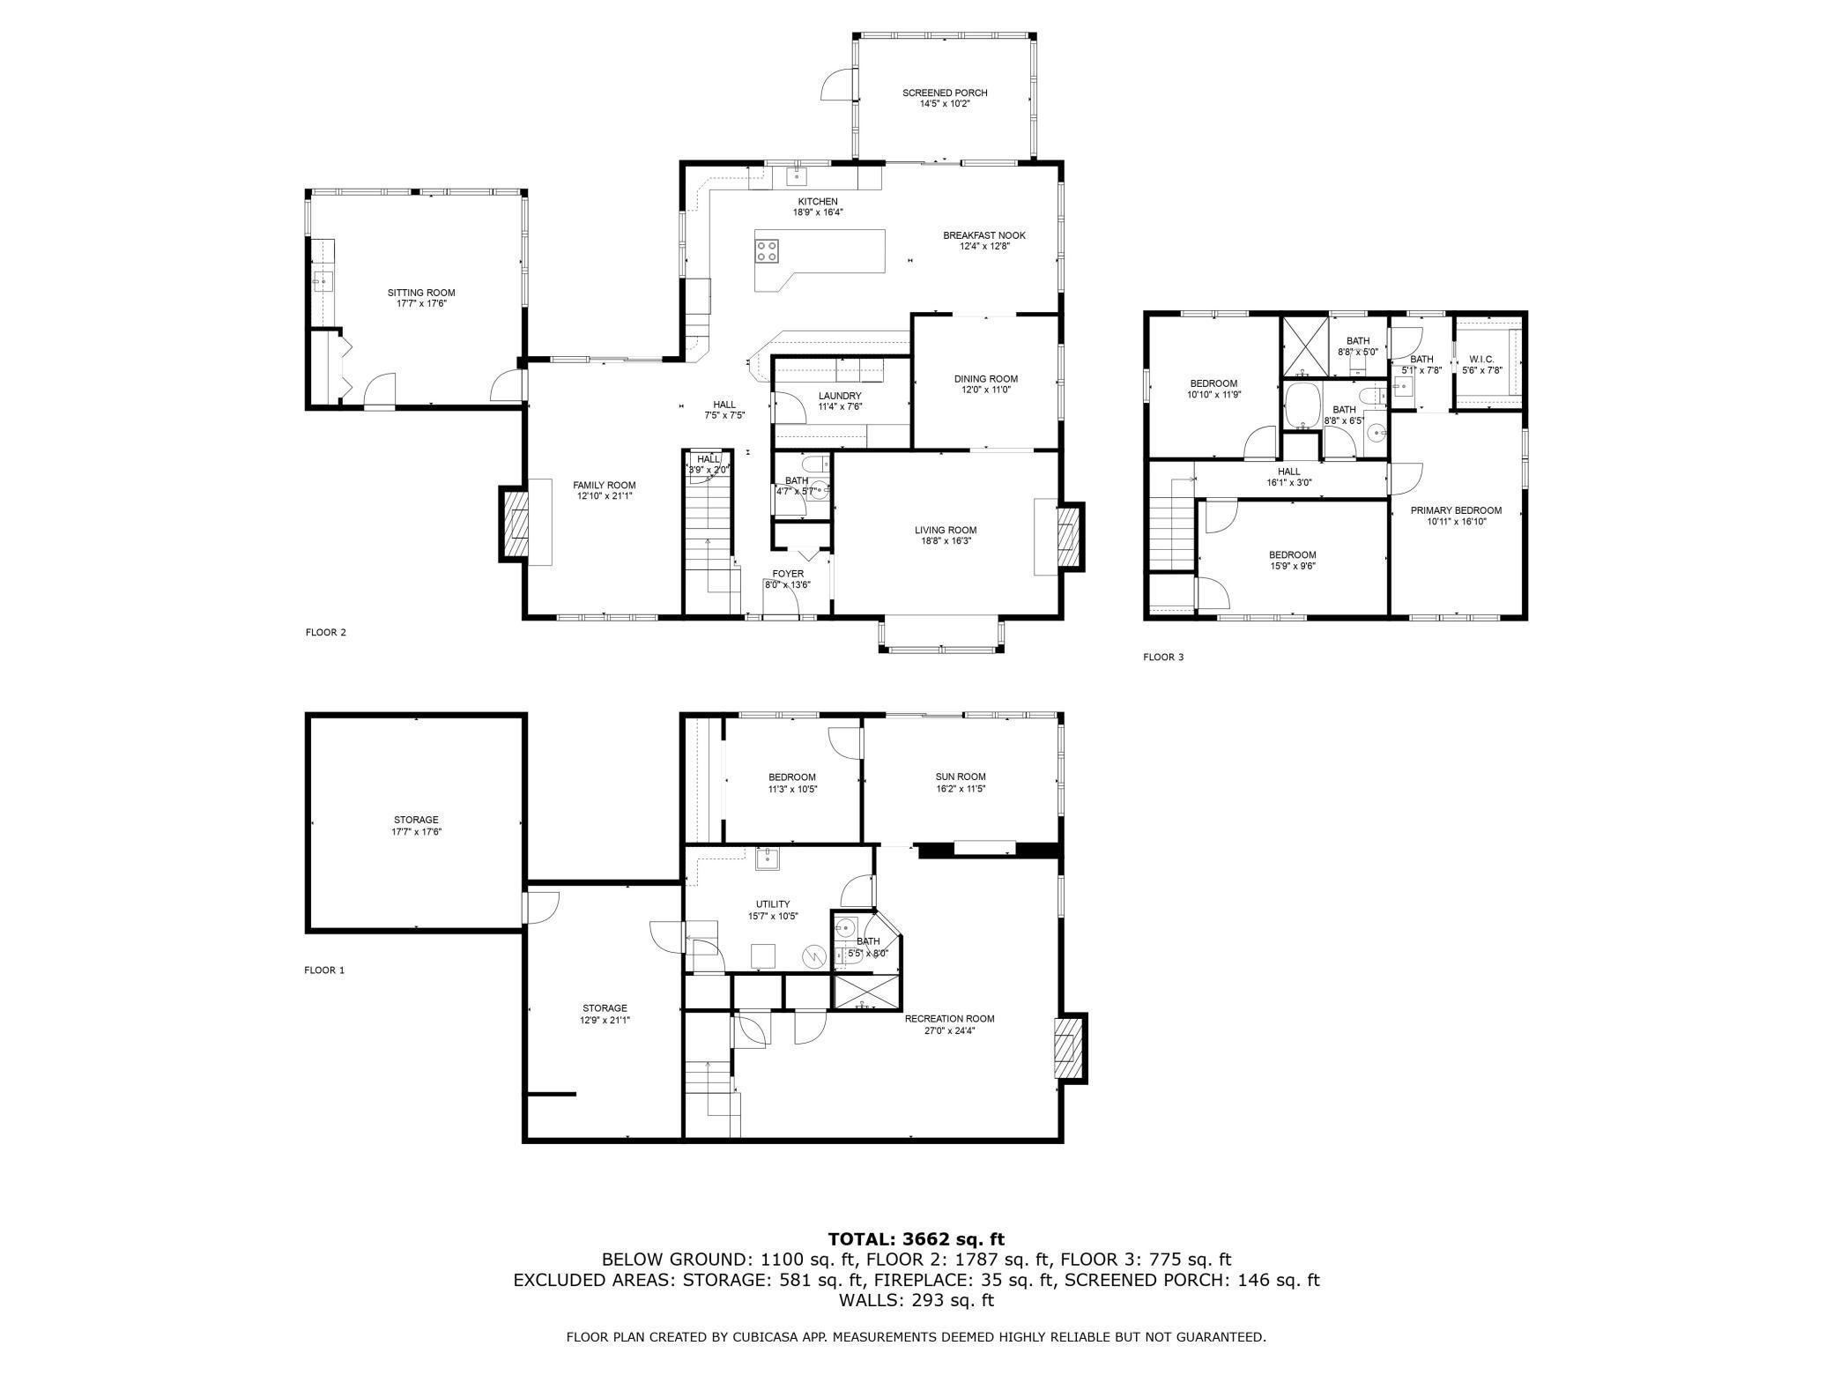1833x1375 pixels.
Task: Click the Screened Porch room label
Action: [x=945, y=93]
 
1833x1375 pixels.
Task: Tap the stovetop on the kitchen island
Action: [x=767, y=251]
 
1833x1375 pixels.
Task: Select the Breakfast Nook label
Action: [x=984, y=235]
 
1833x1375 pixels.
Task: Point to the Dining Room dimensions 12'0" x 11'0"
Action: [x=986, y=390]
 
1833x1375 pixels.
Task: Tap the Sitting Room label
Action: [x=421, y=293]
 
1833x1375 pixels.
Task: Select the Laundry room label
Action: [x=840, y=396]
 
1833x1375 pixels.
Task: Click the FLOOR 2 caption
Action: [x=326, y=632]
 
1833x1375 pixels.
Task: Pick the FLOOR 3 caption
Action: [x=1163, y=657]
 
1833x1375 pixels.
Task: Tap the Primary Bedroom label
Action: [x=1456, y=510]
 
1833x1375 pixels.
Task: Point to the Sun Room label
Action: [x=961, y=777]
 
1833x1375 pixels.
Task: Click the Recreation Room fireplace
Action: [x=1071, y=1049]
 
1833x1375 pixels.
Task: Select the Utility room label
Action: [x=773, y=904]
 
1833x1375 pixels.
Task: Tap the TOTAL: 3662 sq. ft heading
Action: [x=916, y=1239]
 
